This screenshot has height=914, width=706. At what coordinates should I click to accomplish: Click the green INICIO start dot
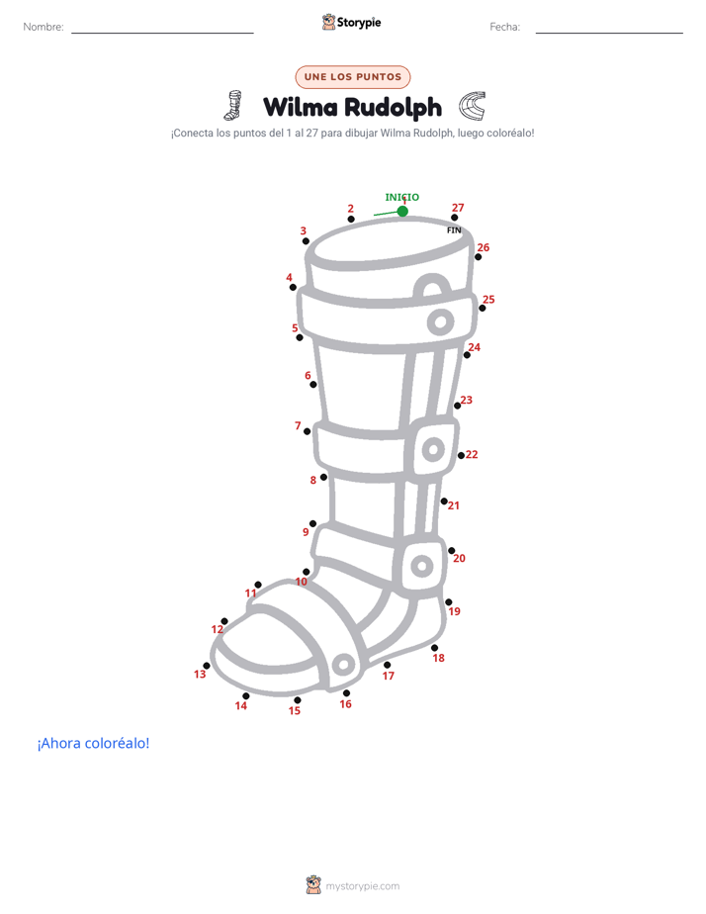click(x=402, y=211)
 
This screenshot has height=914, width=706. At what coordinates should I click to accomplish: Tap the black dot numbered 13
click(x=207, y=666)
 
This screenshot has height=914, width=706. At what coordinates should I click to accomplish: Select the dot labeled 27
click(x=455, y=218)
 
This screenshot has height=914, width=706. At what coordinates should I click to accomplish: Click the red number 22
click(x=472, y=454)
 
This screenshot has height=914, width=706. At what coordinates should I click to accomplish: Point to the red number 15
click(x=295, y=710)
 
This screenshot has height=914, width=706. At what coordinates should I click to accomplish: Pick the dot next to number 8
click(x=324, y=477)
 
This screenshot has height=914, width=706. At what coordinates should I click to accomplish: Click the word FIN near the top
click(x=454, y=230)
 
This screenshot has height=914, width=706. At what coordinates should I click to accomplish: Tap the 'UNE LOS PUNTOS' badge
click(x=353, y=77)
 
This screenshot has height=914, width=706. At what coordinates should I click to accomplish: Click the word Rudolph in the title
click(x=393, y=107)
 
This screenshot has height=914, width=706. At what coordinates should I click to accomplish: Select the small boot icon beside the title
click(x=233, y=105)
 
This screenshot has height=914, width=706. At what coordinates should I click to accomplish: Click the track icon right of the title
click(x=472, y=106)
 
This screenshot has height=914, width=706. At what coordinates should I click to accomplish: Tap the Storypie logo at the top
click(x=351, y=22)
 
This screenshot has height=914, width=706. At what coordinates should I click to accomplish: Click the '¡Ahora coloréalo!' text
click(x=93, y=743)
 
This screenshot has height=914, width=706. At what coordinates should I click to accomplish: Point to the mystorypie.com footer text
click(x=362, y=886)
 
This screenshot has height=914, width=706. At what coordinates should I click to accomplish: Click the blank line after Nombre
click(x=162, y=33)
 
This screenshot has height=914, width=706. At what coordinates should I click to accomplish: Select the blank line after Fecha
click(x=609, y=33)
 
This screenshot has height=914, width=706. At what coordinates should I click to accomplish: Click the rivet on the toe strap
click(x=343, y=664)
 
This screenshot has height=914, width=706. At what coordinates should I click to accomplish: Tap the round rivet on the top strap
click(x=440, y=321)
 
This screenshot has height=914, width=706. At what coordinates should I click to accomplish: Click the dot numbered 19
click(x=449, y=602)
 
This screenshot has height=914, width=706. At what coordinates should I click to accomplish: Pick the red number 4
click(x=289, y=277)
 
